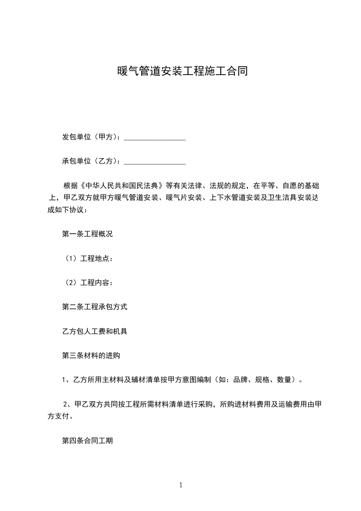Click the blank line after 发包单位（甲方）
pos(155,137)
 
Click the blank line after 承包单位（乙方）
pos(155,161)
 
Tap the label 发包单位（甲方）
pos(91,137)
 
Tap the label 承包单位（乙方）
pos(91,161)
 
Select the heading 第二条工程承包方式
pos(95,307)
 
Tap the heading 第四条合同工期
pos(87,441)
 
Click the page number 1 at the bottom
pos(181,485)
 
